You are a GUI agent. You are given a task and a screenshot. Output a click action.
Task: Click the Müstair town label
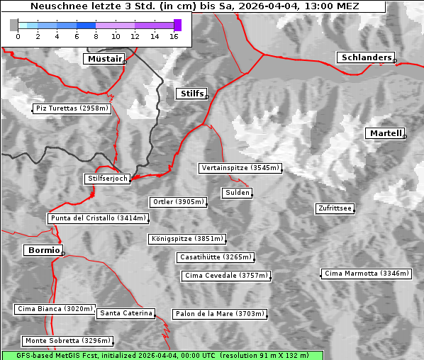(x=104, y=59)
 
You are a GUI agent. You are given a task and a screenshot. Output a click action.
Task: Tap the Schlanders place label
(x=365, y=57)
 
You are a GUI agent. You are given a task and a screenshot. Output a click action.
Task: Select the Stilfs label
(x=191, y=94)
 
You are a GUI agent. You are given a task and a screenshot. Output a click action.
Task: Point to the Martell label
(x=385, y=133)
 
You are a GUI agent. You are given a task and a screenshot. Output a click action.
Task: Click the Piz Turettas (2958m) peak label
(x=72, y=108)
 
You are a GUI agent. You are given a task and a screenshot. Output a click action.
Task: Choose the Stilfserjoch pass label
(x=107, y=179)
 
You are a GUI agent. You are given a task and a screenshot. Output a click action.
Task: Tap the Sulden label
(x=236, y=193)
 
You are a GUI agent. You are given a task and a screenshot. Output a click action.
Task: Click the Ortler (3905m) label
(x=178, y=202)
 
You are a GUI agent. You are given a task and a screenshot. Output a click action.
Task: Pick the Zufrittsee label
(x=335, y=208)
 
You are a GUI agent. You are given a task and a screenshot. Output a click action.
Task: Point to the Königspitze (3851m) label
(x=186, y=239)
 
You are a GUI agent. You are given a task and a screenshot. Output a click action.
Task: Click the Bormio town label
(x=43, y=250)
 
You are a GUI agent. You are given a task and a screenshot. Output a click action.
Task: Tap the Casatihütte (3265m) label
(x=215, y=257)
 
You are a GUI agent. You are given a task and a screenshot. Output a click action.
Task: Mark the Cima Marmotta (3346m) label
(x=366, y=273)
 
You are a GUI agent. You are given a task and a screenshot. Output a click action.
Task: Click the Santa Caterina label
(x=126, y=313)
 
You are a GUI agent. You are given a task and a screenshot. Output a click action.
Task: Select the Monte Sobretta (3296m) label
(x=67, y=341)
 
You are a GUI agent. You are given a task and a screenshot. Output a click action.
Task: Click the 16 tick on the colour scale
(x=174, y=37)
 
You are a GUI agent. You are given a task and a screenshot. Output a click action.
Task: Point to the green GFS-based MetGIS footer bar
(x=162, y=355)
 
